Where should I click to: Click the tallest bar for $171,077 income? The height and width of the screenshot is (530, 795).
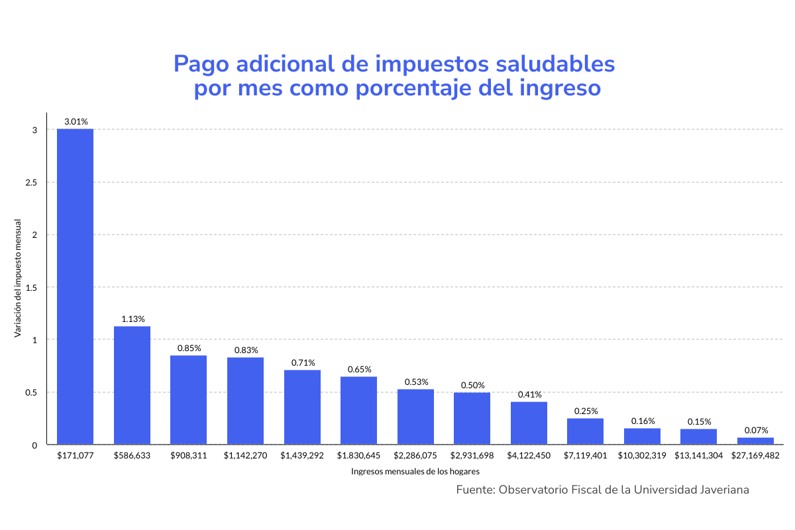75,286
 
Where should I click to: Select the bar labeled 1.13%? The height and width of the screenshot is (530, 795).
132,385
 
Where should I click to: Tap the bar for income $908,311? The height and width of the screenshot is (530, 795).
188,399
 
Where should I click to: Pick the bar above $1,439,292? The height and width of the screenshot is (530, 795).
302,407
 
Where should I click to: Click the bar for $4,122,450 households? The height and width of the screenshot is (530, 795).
529,423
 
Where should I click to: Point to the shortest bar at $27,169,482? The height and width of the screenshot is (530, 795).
755,441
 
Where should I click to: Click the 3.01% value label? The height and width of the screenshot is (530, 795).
76,121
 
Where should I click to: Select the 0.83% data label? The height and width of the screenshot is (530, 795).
246,350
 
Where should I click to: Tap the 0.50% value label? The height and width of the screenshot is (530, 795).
472,385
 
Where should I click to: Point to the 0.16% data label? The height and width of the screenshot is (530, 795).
643,421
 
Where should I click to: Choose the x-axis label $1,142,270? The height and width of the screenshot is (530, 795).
245,456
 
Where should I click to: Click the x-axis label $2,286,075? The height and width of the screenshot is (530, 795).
415,456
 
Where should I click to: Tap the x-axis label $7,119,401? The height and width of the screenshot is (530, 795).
586,456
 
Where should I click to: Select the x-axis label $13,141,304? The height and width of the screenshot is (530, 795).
699,456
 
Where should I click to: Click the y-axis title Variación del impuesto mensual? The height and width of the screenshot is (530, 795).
18,278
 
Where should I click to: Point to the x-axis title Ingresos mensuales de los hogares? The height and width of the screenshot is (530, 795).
415,472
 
